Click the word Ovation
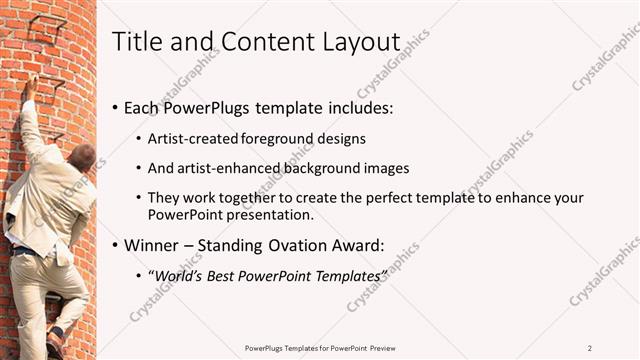coord(319,244)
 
